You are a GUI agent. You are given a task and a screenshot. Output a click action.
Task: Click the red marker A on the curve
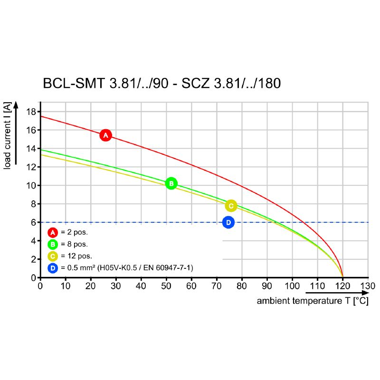(106, 135)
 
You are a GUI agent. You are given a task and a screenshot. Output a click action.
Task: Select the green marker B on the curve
(171, 184)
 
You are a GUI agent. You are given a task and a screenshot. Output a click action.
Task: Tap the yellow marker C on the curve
(231, 206)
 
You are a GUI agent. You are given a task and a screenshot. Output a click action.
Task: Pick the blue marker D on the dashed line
(228, 222)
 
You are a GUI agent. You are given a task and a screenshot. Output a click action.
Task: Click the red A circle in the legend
(53, 233)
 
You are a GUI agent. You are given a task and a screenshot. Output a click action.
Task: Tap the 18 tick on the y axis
(31, 112)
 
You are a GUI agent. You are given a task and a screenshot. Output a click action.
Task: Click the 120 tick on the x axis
(342, 286)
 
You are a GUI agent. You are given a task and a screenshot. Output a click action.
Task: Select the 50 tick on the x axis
(166, 286)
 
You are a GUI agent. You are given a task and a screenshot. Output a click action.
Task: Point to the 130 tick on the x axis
(368, 286)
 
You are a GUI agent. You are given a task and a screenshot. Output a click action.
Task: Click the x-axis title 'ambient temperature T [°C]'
(313, 301)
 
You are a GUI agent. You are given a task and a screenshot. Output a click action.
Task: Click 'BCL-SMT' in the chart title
(74, 84)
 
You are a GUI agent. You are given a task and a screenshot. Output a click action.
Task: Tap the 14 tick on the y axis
(31, 149)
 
